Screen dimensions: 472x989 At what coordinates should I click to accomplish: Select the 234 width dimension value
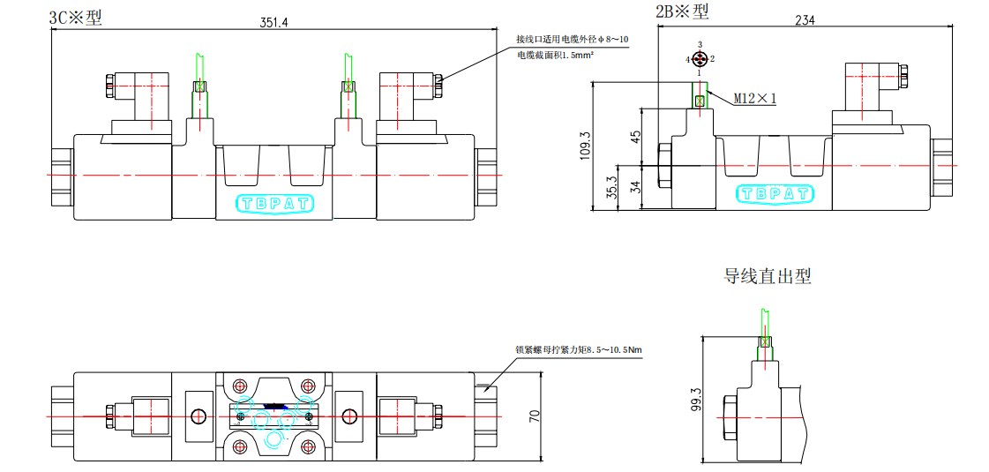(805, 21)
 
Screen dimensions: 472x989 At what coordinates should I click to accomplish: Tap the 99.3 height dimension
(696, 400)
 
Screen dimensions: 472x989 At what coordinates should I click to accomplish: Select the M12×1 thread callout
(754, 99)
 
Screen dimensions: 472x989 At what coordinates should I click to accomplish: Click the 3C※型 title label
(75, 17)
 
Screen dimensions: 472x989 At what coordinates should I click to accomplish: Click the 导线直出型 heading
(767, 276)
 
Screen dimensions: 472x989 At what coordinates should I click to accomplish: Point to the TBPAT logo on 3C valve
(274, 204)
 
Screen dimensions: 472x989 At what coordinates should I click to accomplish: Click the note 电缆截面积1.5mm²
(555, 55)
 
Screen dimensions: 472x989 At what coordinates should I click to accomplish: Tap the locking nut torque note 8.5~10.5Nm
(579, 349)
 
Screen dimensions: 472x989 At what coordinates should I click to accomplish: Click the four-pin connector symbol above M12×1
(700, 59)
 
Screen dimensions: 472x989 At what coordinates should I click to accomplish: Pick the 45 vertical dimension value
(635, 136)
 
